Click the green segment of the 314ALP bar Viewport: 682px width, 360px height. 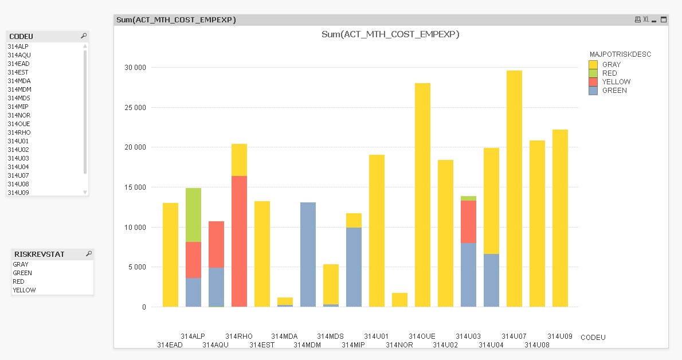click(x=193, y=215)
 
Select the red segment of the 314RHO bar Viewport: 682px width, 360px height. click(x=239, y=241)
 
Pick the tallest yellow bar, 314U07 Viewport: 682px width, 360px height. click(x=514, y=189)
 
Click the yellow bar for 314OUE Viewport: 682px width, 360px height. click(x=422, y=195)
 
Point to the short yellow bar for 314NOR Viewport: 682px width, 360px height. click(x=399, y=300)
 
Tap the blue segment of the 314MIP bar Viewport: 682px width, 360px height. click(x=354, y=267)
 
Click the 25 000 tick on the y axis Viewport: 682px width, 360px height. click(x=135, y=107)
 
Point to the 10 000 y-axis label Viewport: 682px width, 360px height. click(x=135, y=227)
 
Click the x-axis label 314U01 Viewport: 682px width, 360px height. click(x=376, y=336)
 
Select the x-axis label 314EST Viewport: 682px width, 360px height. click(x=262, y=345)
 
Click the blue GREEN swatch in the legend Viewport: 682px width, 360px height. click(x=593, y=91)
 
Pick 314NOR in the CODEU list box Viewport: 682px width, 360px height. click(x=18, y=115)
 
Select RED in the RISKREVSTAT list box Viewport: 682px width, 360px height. click(x=19, y=281)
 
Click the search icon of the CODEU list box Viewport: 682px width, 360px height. click(x=84, y=36)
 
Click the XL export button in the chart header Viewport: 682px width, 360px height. click(x=646, y=19)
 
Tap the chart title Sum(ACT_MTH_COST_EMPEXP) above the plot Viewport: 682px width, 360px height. click(x=390, y=34)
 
